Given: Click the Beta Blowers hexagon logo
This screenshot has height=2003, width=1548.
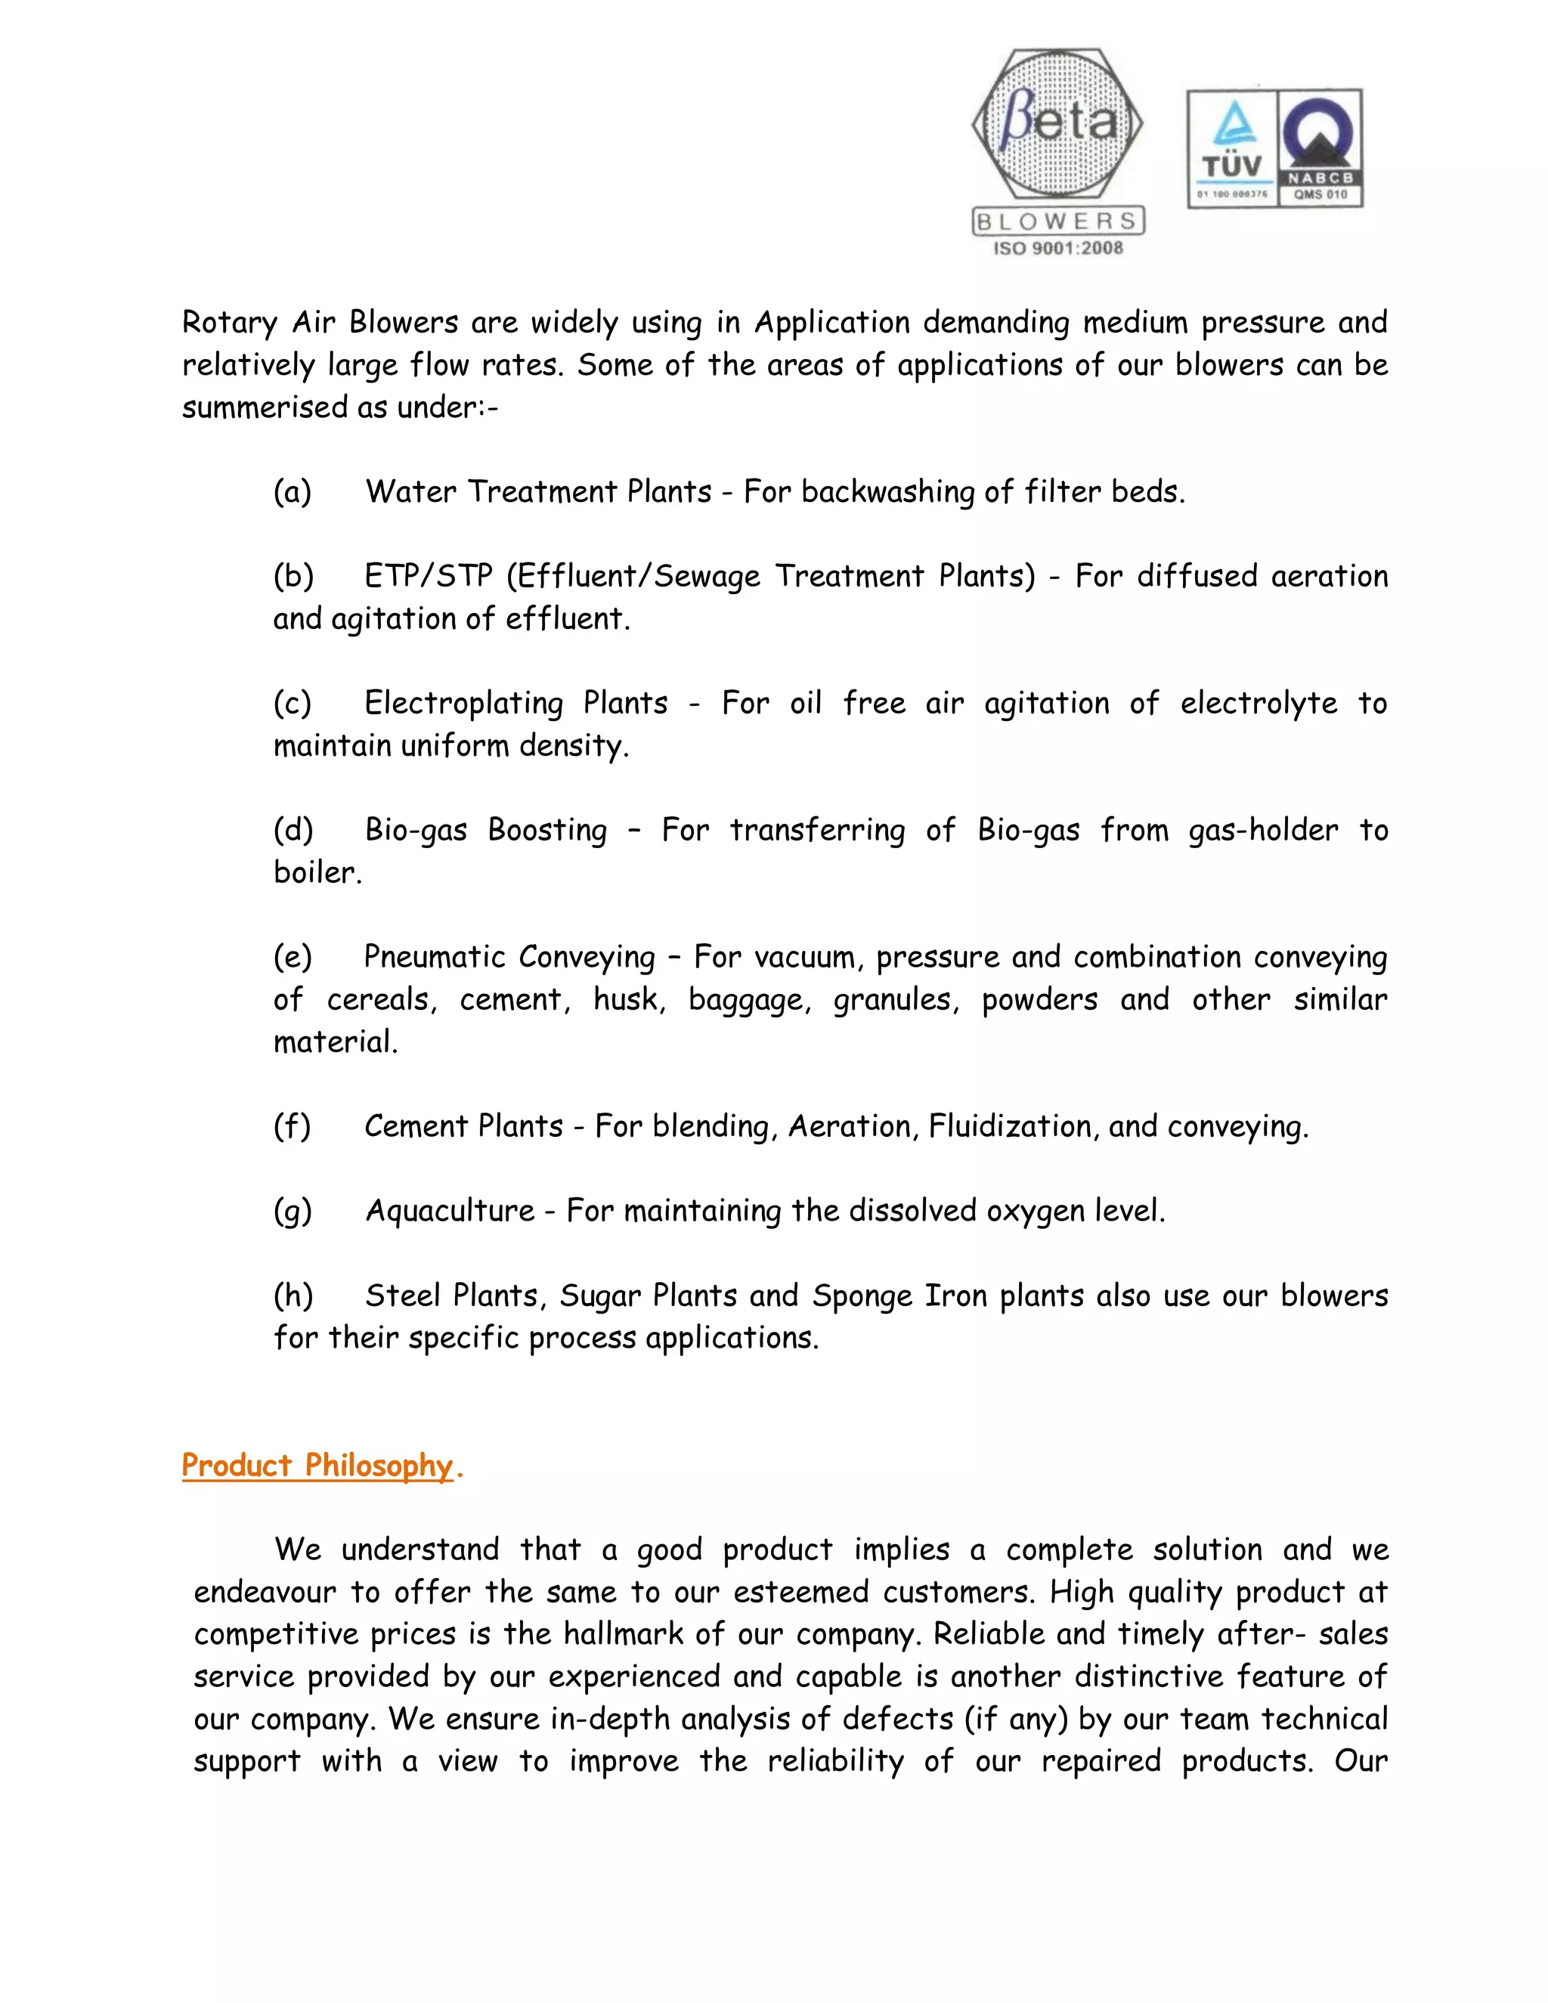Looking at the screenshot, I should point(1057,125).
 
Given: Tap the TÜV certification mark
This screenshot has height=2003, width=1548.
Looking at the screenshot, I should point(1231,147).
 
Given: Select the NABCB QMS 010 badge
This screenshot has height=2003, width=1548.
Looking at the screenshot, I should point(1320,147).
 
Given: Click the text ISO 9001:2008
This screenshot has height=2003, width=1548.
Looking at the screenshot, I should point(1057,248).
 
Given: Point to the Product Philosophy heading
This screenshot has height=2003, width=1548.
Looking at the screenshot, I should point(317,1465).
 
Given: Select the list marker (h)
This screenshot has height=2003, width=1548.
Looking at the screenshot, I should point(293,1295).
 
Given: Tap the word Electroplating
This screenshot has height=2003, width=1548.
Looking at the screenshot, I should point(464,704).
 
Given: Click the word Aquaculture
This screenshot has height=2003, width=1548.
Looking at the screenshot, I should point(450,1211).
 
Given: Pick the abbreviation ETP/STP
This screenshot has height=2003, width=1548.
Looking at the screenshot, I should point(429,576).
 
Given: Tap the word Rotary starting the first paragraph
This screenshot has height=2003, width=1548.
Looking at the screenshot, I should point(229,323).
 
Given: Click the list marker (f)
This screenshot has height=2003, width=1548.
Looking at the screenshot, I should point(293,1126).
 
